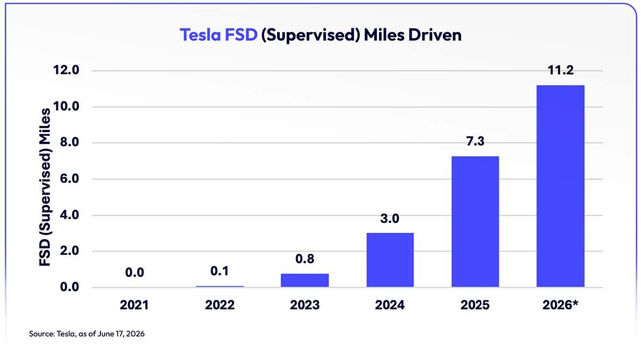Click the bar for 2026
(560, 186)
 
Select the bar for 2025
(475, 222)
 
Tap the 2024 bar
(390, 260)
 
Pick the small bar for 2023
(304, 280)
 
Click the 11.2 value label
(560, 70)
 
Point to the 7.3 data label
(475, 142)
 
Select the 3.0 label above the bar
(390, 218)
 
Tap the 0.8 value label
(304, 259)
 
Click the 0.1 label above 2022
(220, 271)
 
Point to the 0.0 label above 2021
(135, 273)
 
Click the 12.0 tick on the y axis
(66, 70)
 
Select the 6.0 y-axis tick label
(69, 179)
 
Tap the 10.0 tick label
(66, 106)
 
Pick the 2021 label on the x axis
(134, 305)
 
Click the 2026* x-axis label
(560, 305)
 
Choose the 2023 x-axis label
(304, 305)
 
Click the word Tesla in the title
(200, 35)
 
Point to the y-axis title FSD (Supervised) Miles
(45, 187)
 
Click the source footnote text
(86, 334)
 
